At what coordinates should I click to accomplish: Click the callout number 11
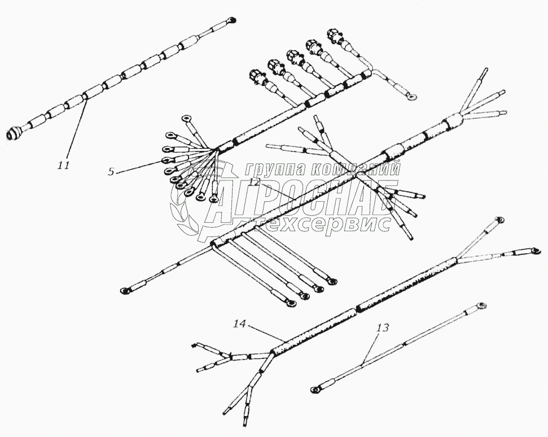tap(63, 166)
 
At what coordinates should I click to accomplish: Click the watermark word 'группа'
tap(273, 168)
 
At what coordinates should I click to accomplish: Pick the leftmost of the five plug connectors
tap(255, 77)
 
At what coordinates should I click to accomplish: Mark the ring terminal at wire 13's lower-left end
tap(315, 389)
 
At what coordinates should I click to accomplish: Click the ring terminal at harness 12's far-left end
tap(125, 291)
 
